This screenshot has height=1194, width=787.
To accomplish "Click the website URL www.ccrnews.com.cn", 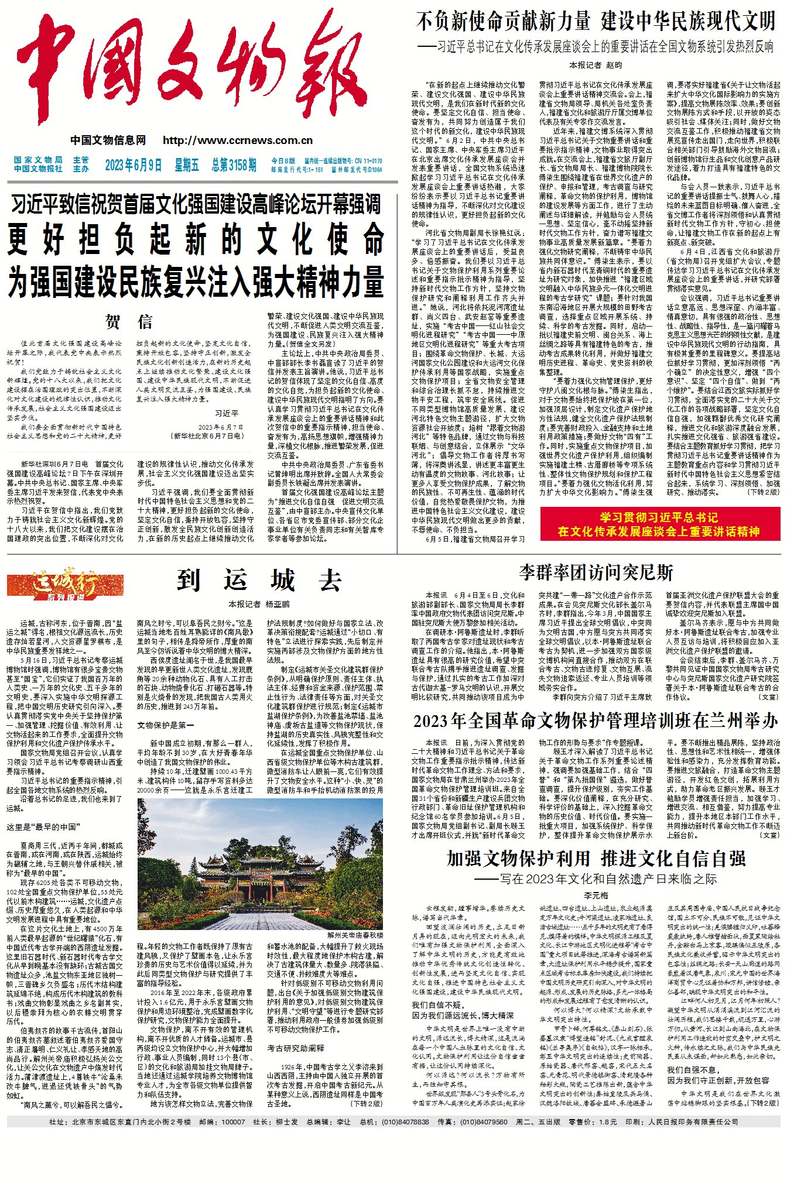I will (x=238, y=140).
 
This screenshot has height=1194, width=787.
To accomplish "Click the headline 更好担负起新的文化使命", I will (x=196, y=240).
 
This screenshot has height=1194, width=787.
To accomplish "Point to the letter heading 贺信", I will (x=128, y=321).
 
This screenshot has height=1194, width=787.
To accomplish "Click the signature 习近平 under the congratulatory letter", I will (x=227, y=413).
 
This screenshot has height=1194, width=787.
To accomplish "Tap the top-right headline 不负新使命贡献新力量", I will (x=503, y=22).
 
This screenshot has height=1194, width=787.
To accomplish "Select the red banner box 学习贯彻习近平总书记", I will (x=659, y=524).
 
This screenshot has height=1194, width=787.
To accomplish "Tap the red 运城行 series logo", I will (x=65, y=584).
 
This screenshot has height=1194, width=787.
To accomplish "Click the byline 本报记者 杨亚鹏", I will (x=259, y=604).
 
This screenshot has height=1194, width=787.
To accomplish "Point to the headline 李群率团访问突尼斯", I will (x=596, y=572).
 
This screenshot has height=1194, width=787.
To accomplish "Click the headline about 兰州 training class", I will (x=595, y=720).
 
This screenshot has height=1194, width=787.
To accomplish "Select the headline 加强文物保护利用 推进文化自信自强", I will (x=596, y=859).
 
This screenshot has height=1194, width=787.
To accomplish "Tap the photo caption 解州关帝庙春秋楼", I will (x=355, y=935).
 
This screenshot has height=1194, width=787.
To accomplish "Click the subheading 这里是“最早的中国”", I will (x=43, y=827).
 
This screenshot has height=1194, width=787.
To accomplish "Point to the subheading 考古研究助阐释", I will (x=296, y=1048).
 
